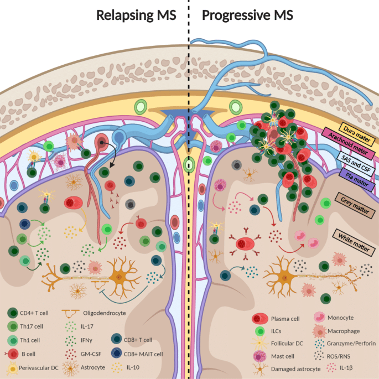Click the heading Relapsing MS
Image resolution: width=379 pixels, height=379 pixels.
click(x=136, y=15)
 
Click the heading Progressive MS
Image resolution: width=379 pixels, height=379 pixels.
click(x=247, y=15)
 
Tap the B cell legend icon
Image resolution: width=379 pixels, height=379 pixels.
click(x=11, y=354)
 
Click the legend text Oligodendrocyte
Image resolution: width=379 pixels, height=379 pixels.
click(x=103, y=313)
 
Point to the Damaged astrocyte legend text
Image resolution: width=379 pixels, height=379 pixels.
click(x=296, y=368)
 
